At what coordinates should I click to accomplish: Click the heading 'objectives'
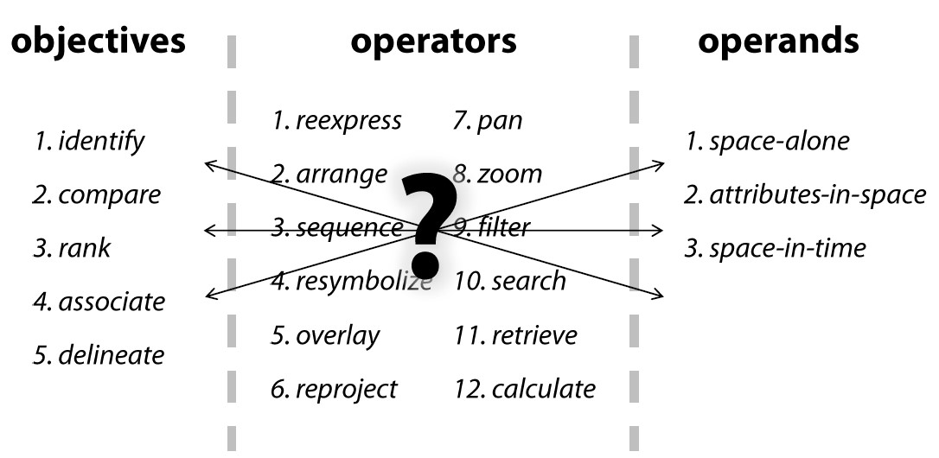click(99, 41)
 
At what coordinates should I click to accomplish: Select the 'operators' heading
click(433, 41)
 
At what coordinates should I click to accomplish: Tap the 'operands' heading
click(778, 41)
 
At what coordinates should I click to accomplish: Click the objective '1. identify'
click(90, 141)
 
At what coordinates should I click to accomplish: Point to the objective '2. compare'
click(98, 194)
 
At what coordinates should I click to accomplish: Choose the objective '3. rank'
click(73, 249)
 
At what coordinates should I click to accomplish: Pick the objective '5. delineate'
click(99, 354)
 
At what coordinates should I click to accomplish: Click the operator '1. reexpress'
click(336, 121)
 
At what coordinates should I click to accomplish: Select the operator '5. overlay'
click(325, 335)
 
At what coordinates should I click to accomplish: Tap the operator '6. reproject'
click(335, 389)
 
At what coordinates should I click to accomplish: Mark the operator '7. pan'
click(489, 121)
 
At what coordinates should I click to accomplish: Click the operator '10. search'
click(510, 281)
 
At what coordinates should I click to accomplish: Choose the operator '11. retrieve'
click(515, 335)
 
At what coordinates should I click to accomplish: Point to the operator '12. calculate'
click(525, 389)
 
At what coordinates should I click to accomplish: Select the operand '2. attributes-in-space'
click(805, 195)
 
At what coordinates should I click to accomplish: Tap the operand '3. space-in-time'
click(775, 249)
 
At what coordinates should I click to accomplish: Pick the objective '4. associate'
click(99, 302)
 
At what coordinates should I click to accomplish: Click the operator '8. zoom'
click(498, 175)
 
